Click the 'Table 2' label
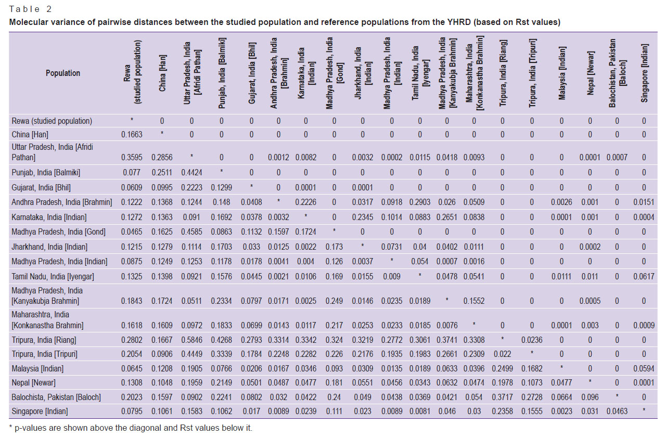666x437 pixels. click(x=30, y=9)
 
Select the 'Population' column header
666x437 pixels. click(x=63, y=73)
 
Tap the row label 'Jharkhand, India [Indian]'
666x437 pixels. click(x=49, y=247)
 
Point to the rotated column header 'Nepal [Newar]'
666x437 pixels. click(x=590, y=73)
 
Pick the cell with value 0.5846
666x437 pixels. click(x=191, y=340)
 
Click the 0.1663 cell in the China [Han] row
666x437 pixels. click(x=132, y=135)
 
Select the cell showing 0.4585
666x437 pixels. click(x=191, y=232)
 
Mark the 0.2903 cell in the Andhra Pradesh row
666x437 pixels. click(x=420, y=202)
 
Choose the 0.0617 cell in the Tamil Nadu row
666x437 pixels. click(x=644, y=276)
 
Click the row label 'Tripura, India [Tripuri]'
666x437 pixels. click(x=44, y=354)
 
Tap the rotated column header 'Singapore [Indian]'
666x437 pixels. click(x=644, y=73)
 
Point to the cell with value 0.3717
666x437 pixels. click(x=502, y=397)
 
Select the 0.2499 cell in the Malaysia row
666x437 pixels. click(x=502, y=369)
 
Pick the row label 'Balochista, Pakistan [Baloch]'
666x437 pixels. click(x=56, y=397)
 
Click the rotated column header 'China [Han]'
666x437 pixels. click(x=162, y=73)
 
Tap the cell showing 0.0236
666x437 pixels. click(x=532, y=340)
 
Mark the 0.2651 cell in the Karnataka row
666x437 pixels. click(x=446, y=217)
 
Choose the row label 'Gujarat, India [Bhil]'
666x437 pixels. click(x=41, y=188)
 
